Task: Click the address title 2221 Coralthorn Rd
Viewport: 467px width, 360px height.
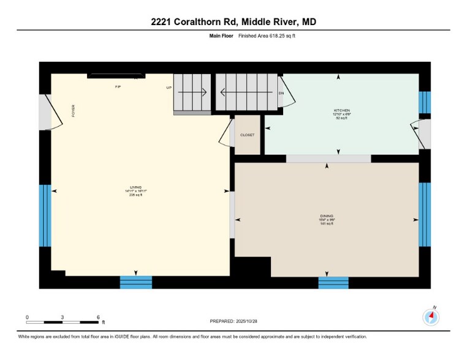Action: pyautogui.click(x=233, y=22)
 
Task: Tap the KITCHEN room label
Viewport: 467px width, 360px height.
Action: pyautogui.click(x=341, y=111)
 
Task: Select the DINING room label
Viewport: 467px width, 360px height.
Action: pyautogui.click(x=327, y=216)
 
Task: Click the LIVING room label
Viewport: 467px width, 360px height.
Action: pyautogui.click(x=135, y=187)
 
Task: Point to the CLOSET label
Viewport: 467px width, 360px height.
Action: pyautogui.click(x=248, y=135)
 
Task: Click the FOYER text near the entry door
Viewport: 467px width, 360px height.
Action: pyautogui.click(x=74, y=111)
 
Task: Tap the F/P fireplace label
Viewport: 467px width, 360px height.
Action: pyautogui.click(x=118, y=88)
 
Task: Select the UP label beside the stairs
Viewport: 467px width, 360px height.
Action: pyautogui.click(x=169, y=88)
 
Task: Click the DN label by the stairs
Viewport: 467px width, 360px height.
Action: pyautogui.click(x=281, y=93)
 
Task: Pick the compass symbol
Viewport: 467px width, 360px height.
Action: pyautogui.click(x=431, y=317)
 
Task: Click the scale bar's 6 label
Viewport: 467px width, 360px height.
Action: pyautogui.click(x=98, y=317)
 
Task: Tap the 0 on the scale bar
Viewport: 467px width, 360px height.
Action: pyautogui.click(x=27, y=317)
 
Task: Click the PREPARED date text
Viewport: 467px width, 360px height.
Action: pyautogui.click(x=233, y=321)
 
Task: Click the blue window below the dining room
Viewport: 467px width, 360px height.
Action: pyautogui.click(x=333, y=282)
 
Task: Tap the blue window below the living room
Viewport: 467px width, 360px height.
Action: pyautogui.click(x=135, y=282)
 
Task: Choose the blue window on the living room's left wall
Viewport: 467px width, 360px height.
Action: pyautogui.click(x=45, y=215)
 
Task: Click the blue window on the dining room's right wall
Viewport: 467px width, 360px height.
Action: pyautogui.click(x=425, y=214)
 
